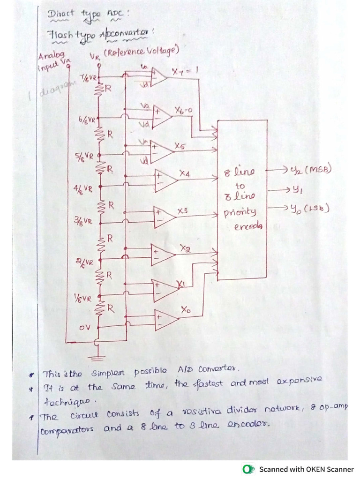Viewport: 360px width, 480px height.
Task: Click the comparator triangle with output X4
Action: coord(164,180)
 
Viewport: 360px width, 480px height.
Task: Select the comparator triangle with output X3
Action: coord(164,217)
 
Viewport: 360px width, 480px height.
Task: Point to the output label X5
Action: coord(179,147)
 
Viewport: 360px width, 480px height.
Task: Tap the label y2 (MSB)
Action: coord(311,170)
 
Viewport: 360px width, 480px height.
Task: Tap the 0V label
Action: coord(84,328)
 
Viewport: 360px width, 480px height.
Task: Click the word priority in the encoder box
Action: coord(240,212)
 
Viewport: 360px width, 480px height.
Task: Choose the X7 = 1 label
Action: coord(185,72)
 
